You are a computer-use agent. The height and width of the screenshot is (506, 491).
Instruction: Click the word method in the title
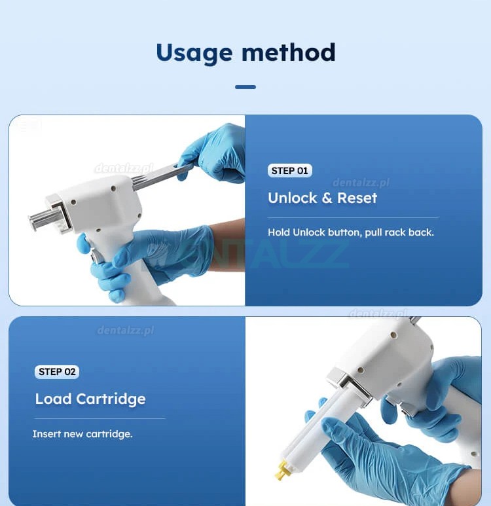click(x=289, y=52)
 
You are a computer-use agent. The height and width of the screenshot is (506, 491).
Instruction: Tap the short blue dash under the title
click(x=245, y=87)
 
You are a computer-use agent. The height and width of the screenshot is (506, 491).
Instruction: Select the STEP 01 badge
click(x=289, y=171)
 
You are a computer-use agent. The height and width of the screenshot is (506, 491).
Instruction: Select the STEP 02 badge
click(x=57, y=372)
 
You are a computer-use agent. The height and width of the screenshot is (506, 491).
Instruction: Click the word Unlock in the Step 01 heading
click(x=292, y=198)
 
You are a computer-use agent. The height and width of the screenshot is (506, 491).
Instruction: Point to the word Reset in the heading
click(x=357, y=198)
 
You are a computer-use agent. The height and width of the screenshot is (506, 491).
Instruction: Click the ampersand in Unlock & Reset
click(x=327, y=198)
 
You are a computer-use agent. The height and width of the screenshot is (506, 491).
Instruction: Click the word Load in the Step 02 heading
click(x=53, y=399)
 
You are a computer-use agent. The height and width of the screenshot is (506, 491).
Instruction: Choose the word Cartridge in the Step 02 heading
click(x=111, y=399)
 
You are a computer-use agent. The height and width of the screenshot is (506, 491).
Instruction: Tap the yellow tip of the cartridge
click(x=281, y=469)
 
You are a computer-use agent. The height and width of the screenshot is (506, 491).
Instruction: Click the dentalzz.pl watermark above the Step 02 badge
click(x=126, y=330)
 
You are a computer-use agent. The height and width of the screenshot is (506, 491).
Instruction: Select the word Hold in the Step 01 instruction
click(x=279, y=232)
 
